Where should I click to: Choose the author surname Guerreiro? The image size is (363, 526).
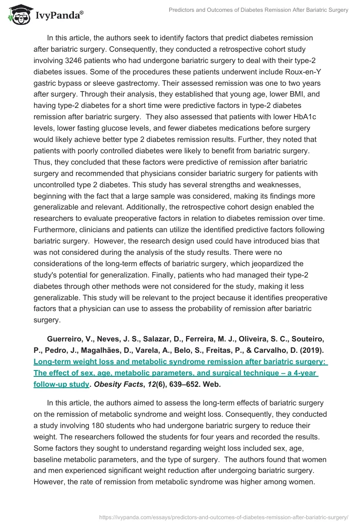67,339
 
